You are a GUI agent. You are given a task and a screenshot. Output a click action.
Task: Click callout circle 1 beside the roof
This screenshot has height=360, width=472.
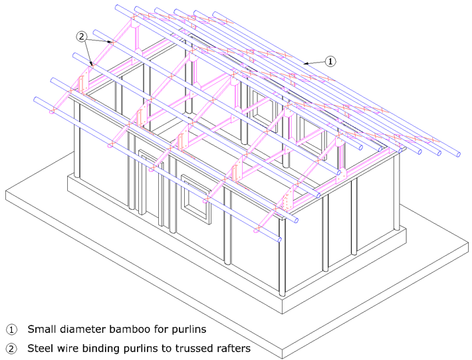(x=330, y=61)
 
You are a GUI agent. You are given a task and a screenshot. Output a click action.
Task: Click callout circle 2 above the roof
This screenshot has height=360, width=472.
(x=81, y=37)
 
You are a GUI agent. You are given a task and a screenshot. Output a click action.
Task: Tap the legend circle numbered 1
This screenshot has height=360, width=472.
(x=11, y=329)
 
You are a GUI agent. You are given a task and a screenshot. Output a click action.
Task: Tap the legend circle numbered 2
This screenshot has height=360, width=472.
(x=11, y=349)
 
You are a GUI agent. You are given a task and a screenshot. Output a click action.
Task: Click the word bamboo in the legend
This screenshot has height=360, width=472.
(x=130, y=329)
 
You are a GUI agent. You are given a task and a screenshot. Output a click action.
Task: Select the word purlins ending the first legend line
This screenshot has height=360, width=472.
(x=189, y=330)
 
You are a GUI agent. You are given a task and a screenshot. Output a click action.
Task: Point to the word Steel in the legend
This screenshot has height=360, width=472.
(x=39, y=348)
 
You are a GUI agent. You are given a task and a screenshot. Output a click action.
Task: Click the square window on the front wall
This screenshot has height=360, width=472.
(x=195, y=199)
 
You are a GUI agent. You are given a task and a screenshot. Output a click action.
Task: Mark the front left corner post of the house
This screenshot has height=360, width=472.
(x=76, y=139)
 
